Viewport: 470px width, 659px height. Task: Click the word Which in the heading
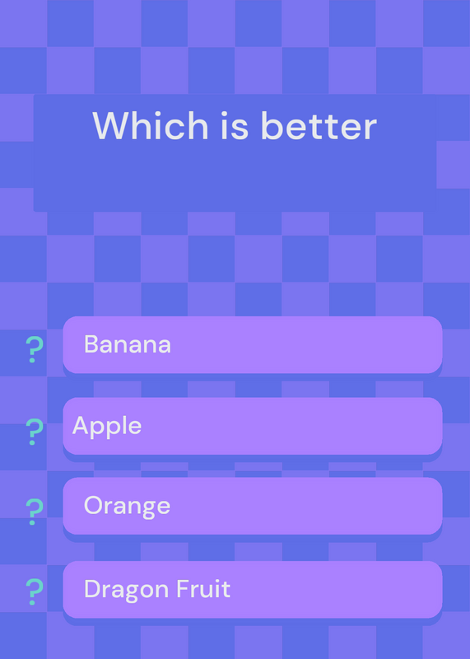pyautogui.click(x=151, y=125)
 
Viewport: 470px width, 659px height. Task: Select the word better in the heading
pyautogui.click(x=319, y=125)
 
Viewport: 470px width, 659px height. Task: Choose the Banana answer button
pyautogui.click(x=253, y=344)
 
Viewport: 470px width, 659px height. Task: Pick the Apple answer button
pyautogui.click(x=253, y=426)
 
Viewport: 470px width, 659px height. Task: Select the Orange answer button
pyautogui.click(x=253, y=506)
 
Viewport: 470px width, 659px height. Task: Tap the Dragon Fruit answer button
pyautogui.click(x=253, y=589)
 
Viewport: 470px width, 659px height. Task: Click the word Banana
pyautogui.click(x=128, y=344)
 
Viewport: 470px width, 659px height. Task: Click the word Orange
pyautogui.click(x=128, y=507)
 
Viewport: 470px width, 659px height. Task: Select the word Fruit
pyautogui.click(x=203, y=589)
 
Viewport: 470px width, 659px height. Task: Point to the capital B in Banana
pyautogui.click(x=91, y=344)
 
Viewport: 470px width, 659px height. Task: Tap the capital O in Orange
pyautogui.click(x=93, y=505)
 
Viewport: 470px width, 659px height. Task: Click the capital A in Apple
pyautogui.click(x=81, y=425)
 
